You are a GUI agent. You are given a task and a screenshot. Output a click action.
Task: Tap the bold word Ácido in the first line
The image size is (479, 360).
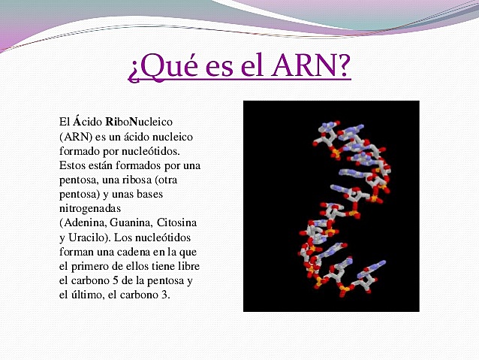[86, 121]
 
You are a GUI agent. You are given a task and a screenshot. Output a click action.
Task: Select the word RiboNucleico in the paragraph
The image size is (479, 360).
[140, 121]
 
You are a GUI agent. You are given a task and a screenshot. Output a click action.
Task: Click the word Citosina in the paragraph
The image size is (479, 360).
[180, 222]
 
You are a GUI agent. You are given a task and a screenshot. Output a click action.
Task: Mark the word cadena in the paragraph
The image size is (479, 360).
[135, 252]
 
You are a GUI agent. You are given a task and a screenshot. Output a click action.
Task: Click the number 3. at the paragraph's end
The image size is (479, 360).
[165, 295]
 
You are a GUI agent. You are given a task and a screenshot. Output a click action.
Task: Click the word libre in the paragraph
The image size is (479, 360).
[186, 267]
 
